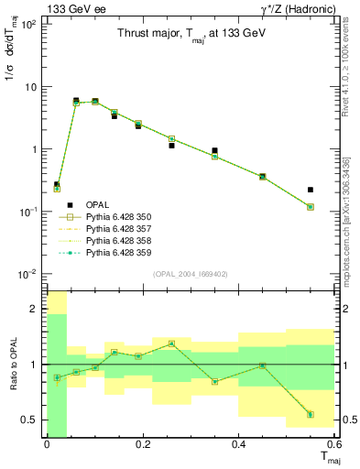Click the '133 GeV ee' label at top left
(x=29, y=8)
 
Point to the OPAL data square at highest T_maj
(x=311, y=190)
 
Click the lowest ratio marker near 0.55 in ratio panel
(x=311, y=414)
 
